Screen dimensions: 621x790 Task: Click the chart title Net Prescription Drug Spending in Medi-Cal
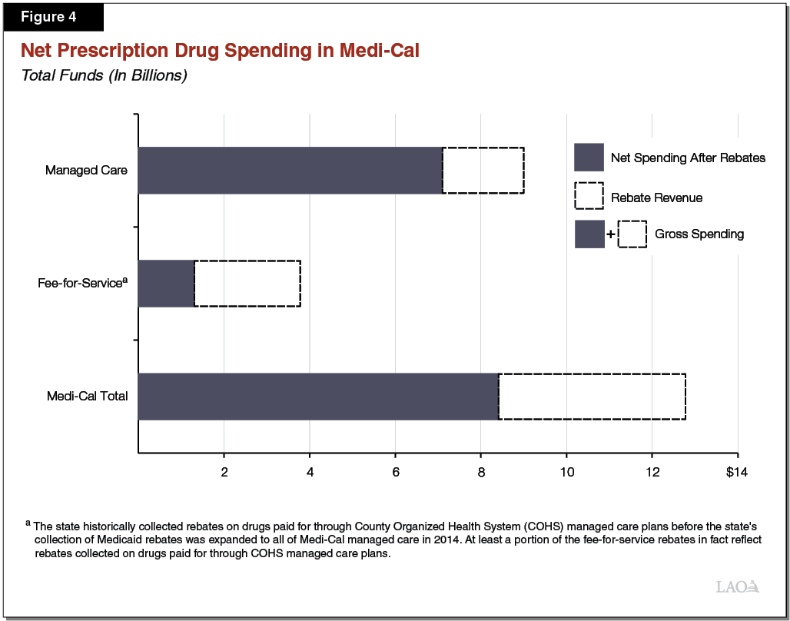coord(220,51)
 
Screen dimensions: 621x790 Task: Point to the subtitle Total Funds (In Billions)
coord(104,75)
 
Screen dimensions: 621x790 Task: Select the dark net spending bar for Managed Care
coord(290,170)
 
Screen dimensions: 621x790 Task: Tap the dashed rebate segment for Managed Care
coord(483,170)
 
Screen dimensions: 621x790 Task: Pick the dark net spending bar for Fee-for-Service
coord(166,284)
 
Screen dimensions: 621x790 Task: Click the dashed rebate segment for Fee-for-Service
coord(247,284)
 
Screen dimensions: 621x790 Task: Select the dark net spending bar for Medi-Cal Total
coord(318,397)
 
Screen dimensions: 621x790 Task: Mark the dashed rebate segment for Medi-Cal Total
coord(592,397)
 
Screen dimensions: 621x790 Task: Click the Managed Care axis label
coord(86,170)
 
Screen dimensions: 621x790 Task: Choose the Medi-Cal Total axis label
coord(87,397)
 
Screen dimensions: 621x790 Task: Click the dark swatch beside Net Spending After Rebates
coord(589,158)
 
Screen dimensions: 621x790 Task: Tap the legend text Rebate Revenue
coord(656,198)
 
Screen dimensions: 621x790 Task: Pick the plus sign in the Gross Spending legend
coord(611,234)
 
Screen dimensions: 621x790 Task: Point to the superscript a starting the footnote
coord(28,523)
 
